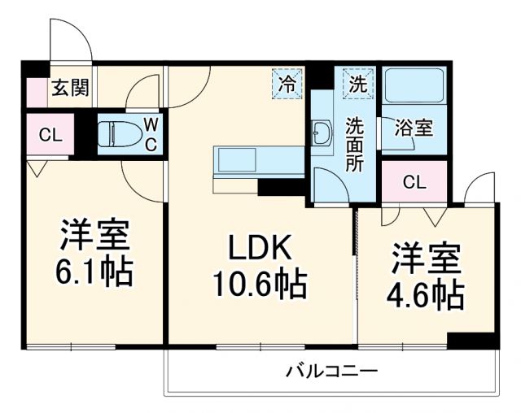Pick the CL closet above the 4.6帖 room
click(x=414, y=182)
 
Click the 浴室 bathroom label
click(x=414, y=128)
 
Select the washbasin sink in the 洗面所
click(x=322, y=134)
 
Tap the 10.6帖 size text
click(x=259, y=285)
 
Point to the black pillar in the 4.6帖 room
click(x=472, y=341)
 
